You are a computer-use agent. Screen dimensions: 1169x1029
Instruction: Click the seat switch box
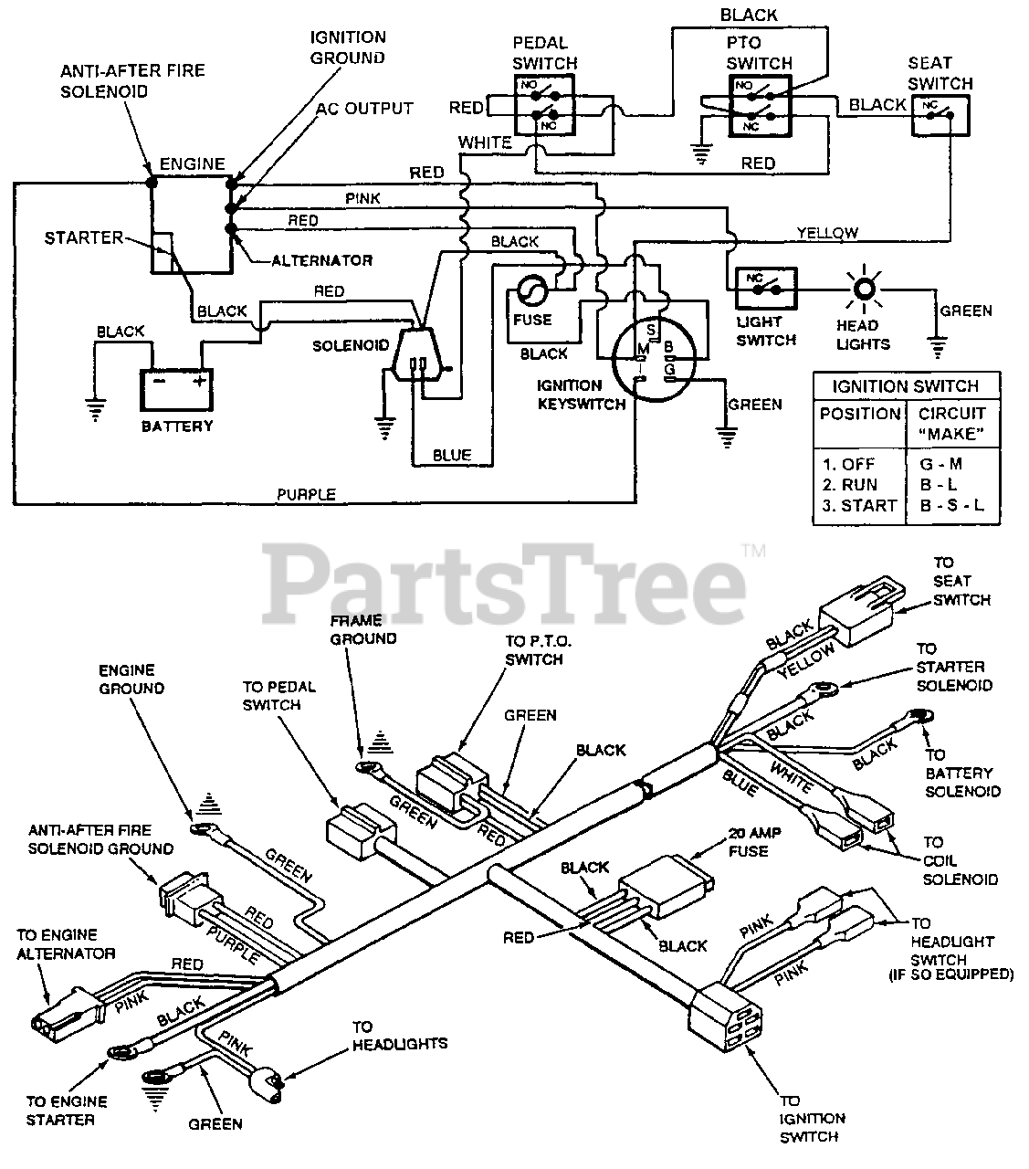point(940,115)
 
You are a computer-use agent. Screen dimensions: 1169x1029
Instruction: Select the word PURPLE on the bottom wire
point(307,495)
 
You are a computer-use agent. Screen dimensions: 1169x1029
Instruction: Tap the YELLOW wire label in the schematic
point(826,233)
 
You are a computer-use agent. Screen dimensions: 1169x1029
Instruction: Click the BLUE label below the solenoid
point(452,455)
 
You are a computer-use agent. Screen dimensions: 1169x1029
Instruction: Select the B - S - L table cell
point(950,506)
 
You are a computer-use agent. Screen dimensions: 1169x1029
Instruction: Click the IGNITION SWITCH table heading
point(905,385)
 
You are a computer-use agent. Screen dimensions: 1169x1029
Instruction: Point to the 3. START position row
point(858,506)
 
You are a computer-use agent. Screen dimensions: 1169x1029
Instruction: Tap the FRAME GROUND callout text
point(363,629)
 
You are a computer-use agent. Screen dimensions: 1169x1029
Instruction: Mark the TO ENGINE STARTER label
point(67,1111)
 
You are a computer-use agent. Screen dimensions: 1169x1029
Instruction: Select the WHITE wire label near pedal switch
point(485,142)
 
